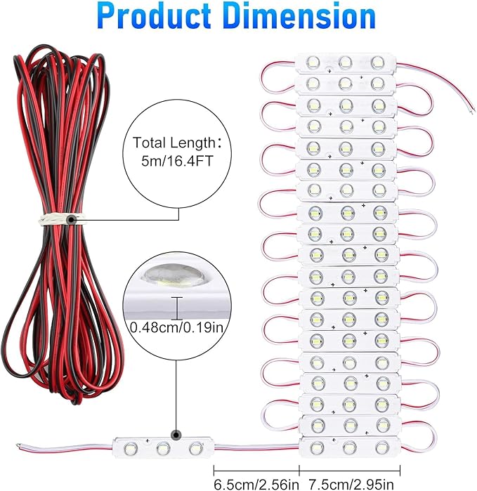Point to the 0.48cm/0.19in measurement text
[x=178, y=327]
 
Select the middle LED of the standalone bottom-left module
[x=163, y=447]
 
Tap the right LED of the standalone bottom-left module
[x=195, y=447]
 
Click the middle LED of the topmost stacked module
[x=345, y=62]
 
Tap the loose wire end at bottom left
[x=19, y=445]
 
